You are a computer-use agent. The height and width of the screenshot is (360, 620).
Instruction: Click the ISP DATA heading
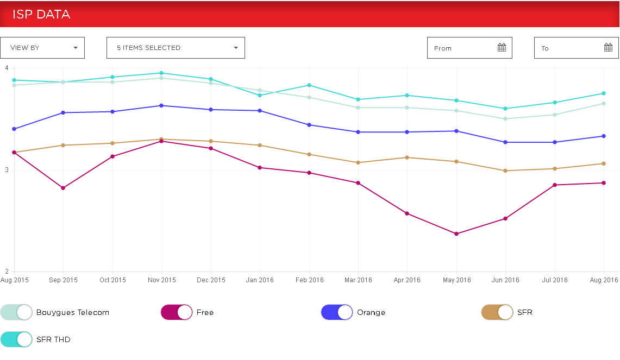pyautogui.click(x=41, y=15)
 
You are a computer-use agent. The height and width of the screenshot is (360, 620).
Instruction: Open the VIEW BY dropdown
pyautogui.click(x=42, y=48)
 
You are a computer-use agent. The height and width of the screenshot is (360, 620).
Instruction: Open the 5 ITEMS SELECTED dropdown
pyautogui.click(x=176, y=48)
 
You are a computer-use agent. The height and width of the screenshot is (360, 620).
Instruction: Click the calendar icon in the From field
pyautogui.click(x=502, y=48)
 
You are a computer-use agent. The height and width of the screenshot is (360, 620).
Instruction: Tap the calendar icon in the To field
pyautogui.click(x=608, y=48)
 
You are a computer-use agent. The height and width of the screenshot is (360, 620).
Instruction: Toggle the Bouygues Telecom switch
pyautogui.click(x=16, y=312)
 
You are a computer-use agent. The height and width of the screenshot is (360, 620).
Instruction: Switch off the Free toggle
pyautogui.click(x=177, y=312)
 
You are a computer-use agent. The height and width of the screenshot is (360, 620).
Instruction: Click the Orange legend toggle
pyautogui.click(x=337, y=312)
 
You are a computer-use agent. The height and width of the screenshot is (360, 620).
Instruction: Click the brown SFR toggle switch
pyautogui.click(x=497, y=312)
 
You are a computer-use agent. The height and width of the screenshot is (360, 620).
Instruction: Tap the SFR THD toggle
pyautogui.click(x=16, y=339)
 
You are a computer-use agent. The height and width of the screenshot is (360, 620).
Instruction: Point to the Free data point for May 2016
pyautogui.click(x=456, y=234)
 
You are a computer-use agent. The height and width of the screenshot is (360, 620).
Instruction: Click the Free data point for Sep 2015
pyautogui.click(x=63, y=188)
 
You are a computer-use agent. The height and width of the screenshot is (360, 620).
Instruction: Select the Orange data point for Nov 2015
pyautogui.click(x=161, y=105)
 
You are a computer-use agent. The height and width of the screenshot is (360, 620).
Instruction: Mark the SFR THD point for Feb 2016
pyautogui.click(x=309, y=85)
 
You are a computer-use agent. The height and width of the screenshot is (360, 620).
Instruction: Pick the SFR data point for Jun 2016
pyautogui.click(x=505, y=170)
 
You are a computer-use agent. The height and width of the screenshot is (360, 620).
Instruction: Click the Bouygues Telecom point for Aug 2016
pyautogui.click(x=604, y=104)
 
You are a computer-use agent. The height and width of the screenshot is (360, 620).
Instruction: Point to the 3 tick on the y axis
pyautogui.click(x=7, y=170)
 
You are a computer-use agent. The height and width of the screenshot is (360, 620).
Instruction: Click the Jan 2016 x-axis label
pyautogui.click(x=260, y=280)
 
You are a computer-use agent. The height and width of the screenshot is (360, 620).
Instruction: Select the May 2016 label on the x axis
pyautogui.click(x=456, y=280)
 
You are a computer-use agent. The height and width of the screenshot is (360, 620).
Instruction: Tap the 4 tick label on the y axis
pyautogui.click(x=7, y=68)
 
